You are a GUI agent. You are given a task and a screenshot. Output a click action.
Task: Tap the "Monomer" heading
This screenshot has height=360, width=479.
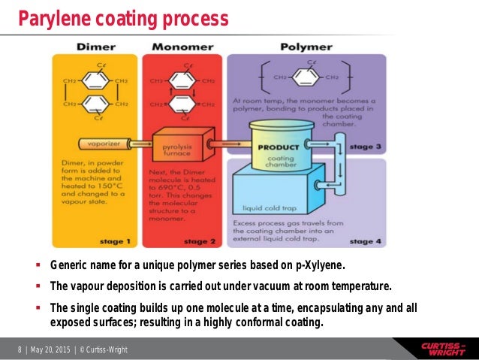tap(182, 47)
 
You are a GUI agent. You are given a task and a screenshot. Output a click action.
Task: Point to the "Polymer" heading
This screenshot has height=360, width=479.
tap(306, 47)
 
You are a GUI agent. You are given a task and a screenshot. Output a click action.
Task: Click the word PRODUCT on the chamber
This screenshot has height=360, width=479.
tap(278, 147)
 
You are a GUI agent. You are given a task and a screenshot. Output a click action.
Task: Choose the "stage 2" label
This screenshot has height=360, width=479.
tap(200, 241)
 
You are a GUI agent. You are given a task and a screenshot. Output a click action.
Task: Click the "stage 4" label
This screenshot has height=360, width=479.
tap(366, 241)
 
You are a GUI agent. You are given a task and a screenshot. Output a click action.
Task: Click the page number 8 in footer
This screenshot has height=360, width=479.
tap(20, 350)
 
